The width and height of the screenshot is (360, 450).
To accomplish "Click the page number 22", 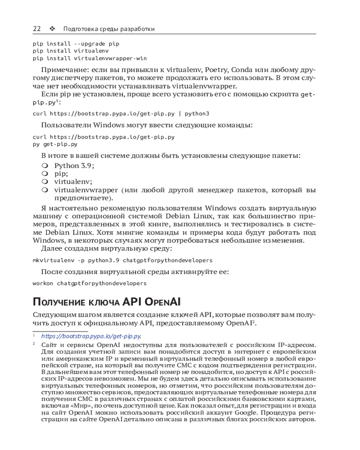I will click(37, 29).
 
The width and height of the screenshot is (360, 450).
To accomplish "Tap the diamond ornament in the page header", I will click(52, 29).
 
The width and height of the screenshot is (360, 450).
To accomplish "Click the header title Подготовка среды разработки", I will click(109, 29).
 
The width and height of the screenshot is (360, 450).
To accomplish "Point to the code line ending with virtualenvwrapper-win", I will click(90, 58).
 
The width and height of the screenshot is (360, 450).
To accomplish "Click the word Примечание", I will click(62, 70).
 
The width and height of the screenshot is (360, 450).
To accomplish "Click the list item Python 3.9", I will click(74, 165).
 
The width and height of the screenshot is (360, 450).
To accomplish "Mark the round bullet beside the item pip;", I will click(45, 173).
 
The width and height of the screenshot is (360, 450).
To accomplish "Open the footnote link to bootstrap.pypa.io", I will click(91, 336).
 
